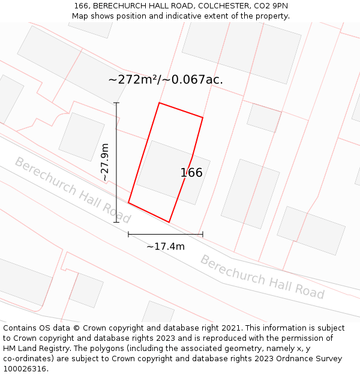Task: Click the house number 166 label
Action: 191,173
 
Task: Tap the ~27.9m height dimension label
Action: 105,162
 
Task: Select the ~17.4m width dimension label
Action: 166,246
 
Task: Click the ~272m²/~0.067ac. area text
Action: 166,79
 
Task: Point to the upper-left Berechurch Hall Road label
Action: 72,190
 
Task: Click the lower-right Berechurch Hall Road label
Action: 262,277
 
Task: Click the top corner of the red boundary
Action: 159,103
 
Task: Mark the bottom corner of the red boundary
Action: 169,222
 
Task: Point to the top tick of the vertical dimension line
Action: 116,103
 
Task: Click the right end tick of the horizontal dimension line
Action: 203,234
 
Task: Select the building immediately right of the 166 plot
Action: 250,193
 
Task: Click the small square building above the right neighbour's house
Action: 264,118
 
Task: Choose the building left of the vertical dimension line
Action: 82,137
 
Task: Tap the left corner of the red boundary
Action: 128,203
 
